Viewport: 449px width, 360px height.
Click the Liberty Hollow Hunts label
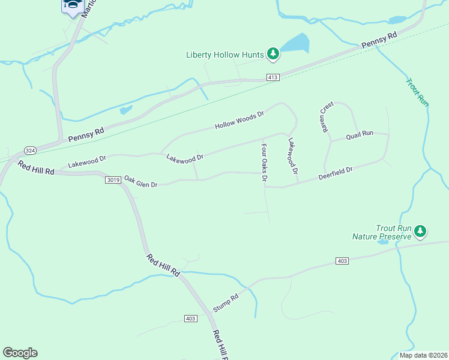pyautogui.click(x=225, y=55)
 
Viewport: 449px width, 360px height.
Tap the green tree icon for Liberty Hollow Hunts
pyautogui.click(x=273, y=54)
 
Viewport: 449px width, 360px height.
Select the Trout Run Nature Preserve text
pyautogui.click(x=384, y=232)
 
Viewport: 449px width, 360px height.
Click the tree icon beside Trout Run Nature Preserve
pyautogui.click(x=420, y=231)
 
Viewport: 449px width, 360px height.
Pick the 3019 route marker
pyautogui.click(x=113, y=179)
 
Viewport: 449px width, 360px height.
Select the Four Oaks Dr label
pyautogui.click(x=264, y=162)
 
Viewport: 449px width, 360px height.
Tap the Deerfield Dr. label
pyautogui.click(x=337, y=174)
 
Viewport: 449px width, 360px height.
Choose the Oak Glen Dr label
pyautogui.click(x=140, y=181)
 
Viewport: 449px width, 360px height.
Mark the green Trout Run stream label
pyautogui.click(x=417, y=92)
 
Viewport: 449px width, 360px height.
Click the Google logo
pyautogui.click(x=20, y=353)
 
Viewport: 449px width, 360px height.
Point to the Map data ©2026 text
pyautogui.click(x=423, y=355)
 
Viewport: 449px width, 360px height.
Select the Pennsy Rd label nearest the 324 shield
pyautogui.click(x=86, y=133)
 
